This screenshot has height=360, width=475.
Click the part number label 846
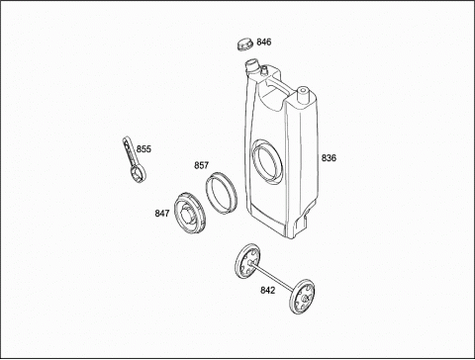(264, 43)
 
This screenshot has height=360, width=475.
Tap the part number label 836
(329, 158)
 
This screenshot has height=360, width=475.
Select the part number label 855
(143, 149)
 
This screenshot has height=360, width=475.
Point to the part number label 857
(201, 165)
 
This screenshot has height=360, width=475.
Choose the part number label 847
(162, 214)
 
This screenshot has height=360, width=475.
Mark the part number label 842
(267, 291)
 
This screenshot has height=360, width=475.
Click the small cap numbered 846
(244, 44)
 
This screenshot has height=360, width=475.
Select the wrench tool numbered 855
(134, 159)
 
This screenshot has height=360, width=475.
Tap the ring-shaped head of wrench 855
(138, 174)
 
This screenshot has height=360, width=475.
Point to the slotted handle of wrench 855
(128, 151)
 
